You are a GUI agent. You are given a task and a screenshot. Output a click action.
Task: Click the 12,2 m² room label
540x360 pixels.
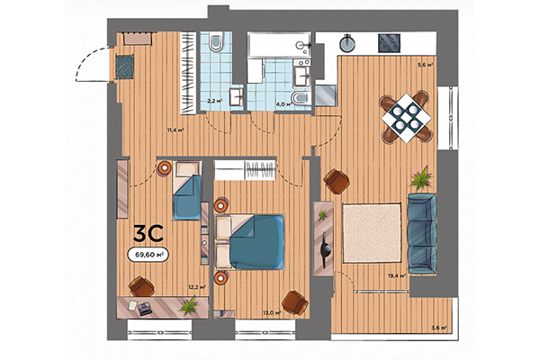(x=196, y=287)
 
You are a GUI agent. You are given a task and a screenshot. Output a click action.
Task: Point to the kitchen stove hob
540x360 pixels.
(x=391, y=41)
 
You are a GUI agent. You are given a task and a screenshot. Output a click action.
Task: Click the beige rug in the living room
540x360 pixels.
(x=370, y=234)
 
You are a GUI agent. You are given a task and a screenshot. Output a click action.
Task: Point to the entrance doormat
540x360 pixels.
(x=124, y=65)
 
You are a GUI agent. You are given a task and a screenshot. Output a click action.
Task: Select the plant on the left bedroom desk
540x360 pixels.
(x=187, y=306)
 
